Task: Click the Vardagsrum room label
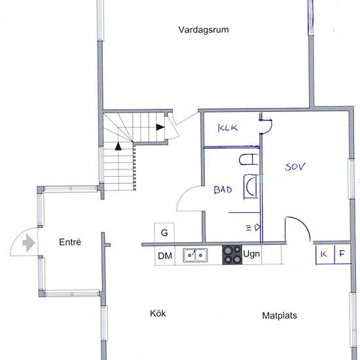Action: coord(204,30)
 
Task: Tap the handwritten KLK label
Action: coord(228,128)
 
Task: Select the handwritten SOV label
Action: coord(295,167)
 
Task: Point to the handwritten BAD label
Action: coord(223,190)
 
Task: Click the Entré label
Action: coord(70,242)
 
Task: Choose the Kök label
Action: coord(158,314)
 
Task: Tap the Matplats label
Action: coord(279,315)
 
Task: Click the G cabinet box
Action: coord(164,232)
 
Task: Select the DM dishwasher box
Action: coord(165,256)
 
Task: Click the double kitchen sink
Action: coord(195,255)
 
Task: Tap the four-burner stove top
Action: coord(232,255)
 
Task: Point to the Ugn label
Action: coord(251,254)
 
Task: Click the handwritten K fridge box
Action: coord(325,255)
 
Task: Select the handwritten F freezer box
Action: coord(342,255)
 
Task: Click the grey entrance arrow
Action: coord(29,243)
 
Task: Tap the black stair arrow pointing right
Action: coord(160,127)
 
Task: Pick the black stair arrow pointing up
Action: coord(118,146)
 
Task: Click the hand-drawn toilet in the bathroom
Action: coord(249,160)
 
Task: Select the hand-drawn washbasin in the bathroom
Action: coord(251,187)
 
